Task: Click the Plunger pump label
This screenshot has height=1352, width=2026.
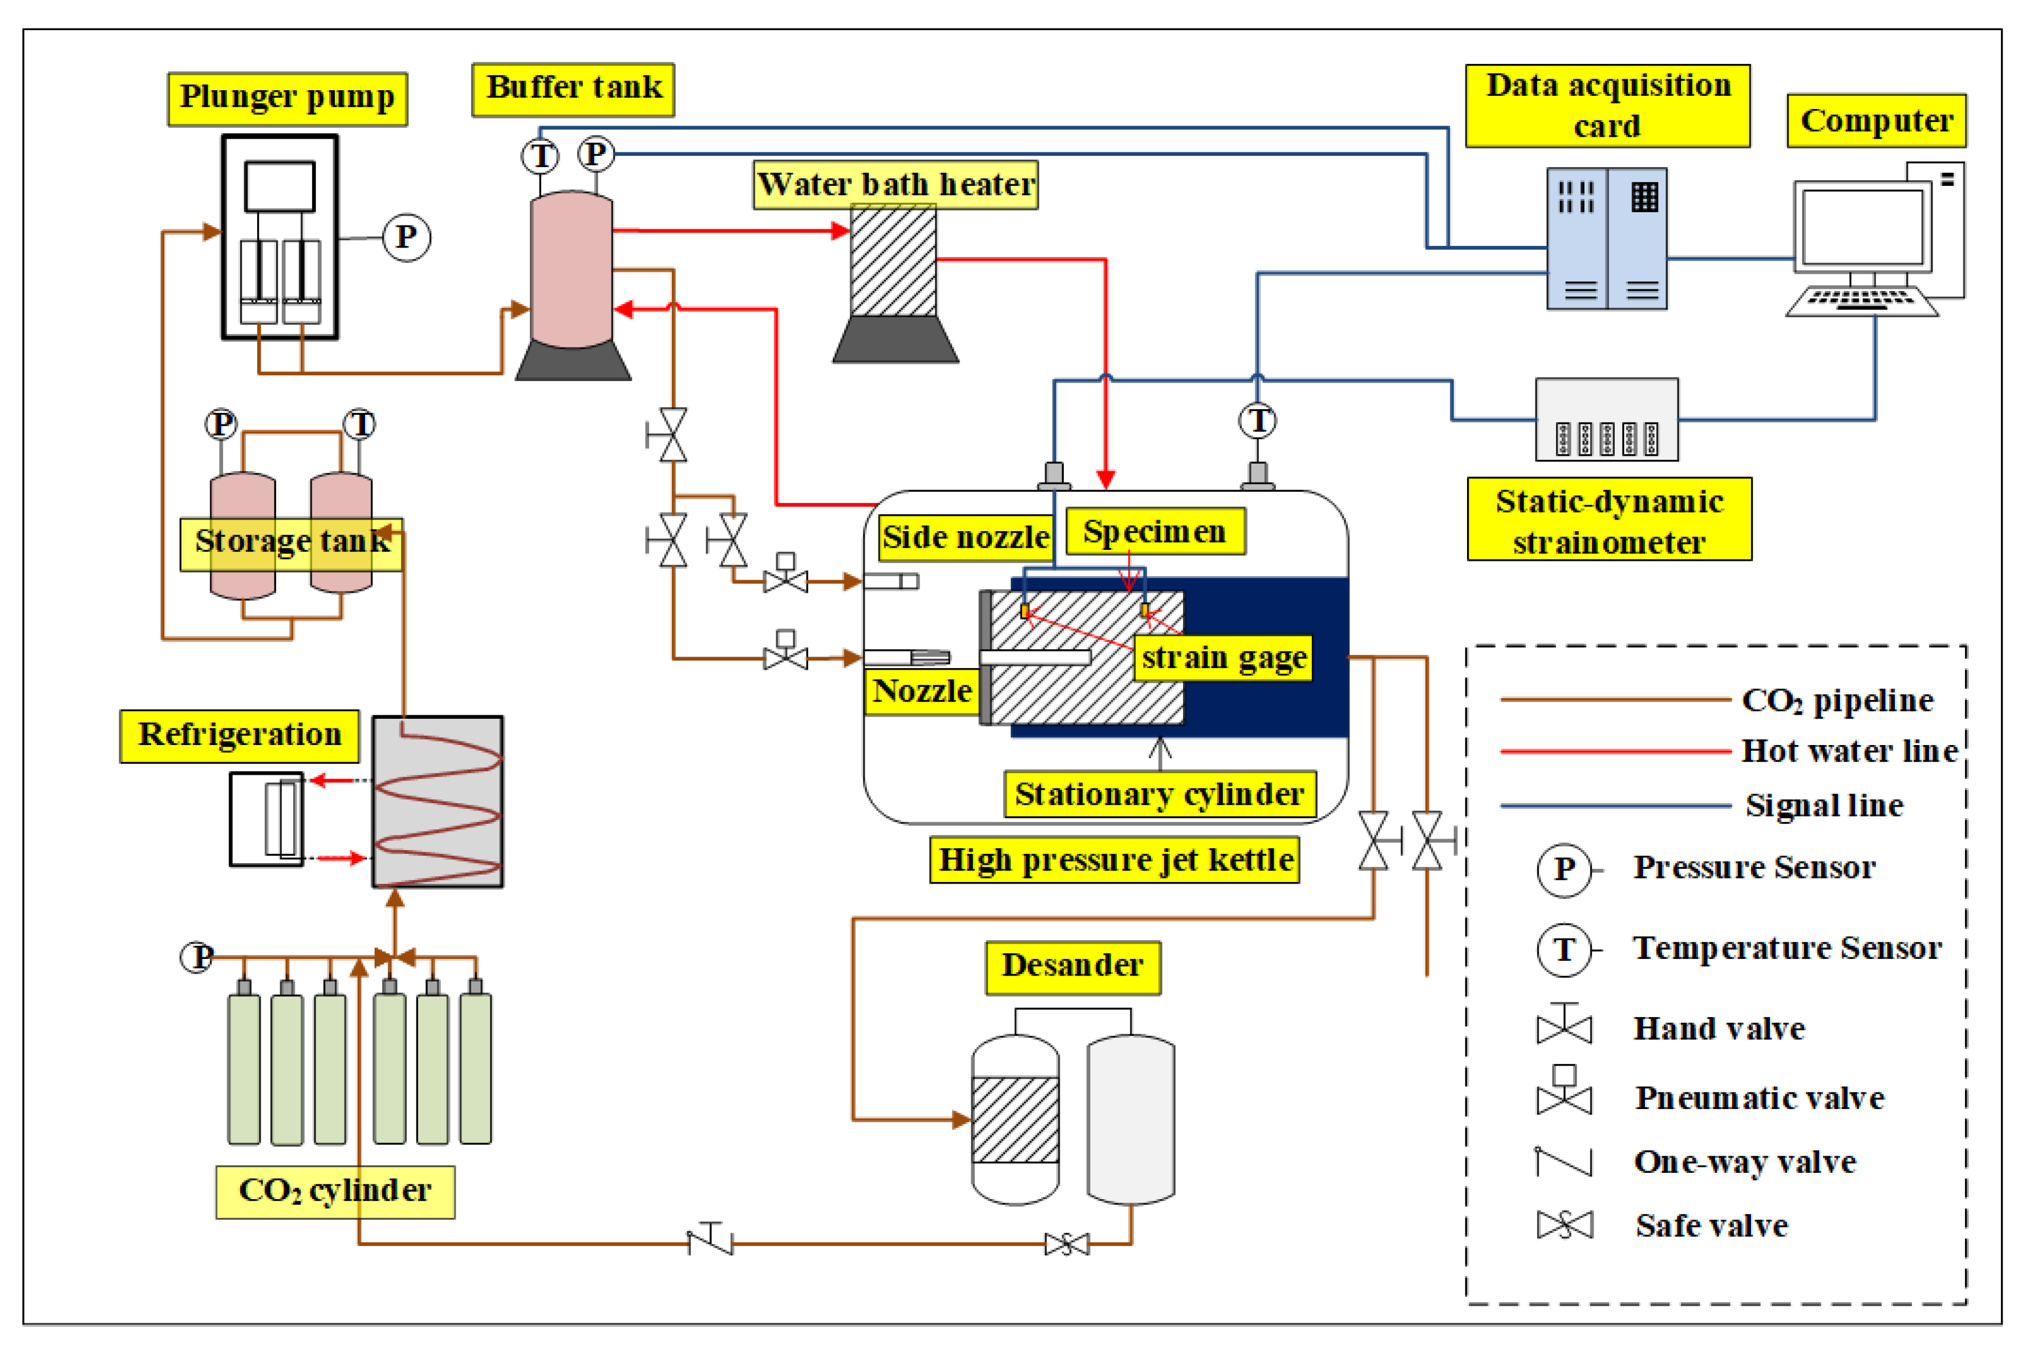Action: click(x=287, y=98)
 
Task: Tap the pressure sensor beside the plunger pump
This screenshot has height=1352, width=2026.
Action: click(x=406, y=237)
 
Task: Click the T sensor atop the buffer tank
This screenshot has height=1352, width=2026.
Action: click(x=541, y=156)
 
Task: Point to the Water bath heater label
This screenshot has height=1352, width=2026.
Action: click(x=895, y=184)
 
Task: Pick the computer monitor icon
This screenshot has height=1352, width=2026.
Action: click(x=1862, y=229)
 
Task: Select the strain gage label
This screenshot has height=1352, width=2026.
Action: click(x=1222, y=658)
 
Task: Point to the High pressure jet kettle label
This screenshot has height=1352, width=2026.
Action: click(x=1115, y=860)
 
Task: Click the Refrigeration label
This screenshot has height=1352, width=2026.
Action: click(x=240, y=735)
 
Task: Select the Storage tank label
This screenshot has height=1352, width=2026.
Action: click(x=291, y=541)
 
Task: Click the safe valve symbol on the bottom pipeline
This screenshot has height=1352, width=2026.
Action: click(x=1067, y=1244)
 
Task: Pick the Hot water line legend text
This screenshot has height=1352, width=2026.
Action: click(x=1849, y=751)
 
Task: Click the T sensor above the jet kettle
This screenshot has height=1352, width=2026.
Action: click(x=1257, y=421)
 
